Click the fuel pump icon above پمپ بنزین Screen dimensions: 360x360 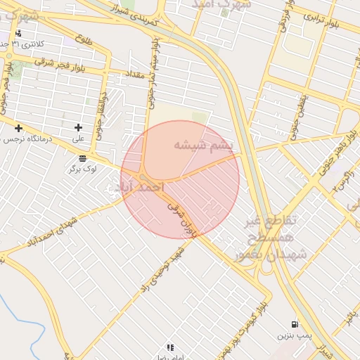tap(294, 325)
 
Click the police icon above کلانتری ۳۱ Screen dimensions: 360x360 tap(18, 33)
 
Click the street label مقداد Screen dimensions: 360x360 tap(133, 74)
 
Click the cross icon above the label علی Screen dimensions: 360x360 tap(78, 127)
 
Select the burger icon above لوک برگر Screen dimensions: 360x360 tap(83, 157)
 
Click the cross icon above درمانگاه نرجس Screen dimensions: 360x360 tap(18, 127)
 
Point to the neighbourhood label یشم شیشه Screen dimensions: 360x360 tap(198, 146)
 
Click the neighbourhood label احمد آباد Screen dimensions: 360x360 tap(135, 188)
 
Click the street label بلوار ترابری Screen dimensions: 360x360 tap(323, 18)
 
